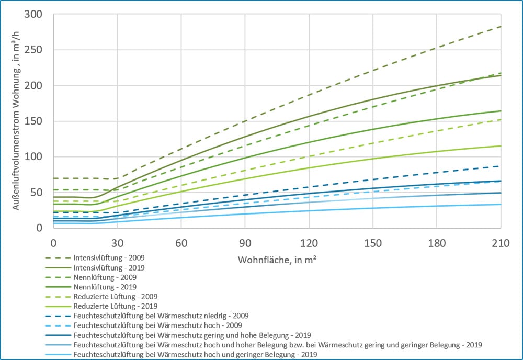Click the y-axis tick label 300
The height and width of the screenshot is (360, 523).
(x=32, y=14)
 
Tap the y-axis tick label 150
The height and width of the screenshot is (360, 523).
(x=32, y=121)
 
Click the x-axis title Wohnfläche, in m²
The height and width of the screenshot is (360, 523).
(x=277, y=260)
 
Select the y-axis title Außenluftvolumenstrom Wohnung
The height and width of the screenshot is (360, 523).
(x=18, y=121)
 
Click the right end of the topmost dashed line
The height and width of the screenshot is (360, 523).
(x=501, y=26)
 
